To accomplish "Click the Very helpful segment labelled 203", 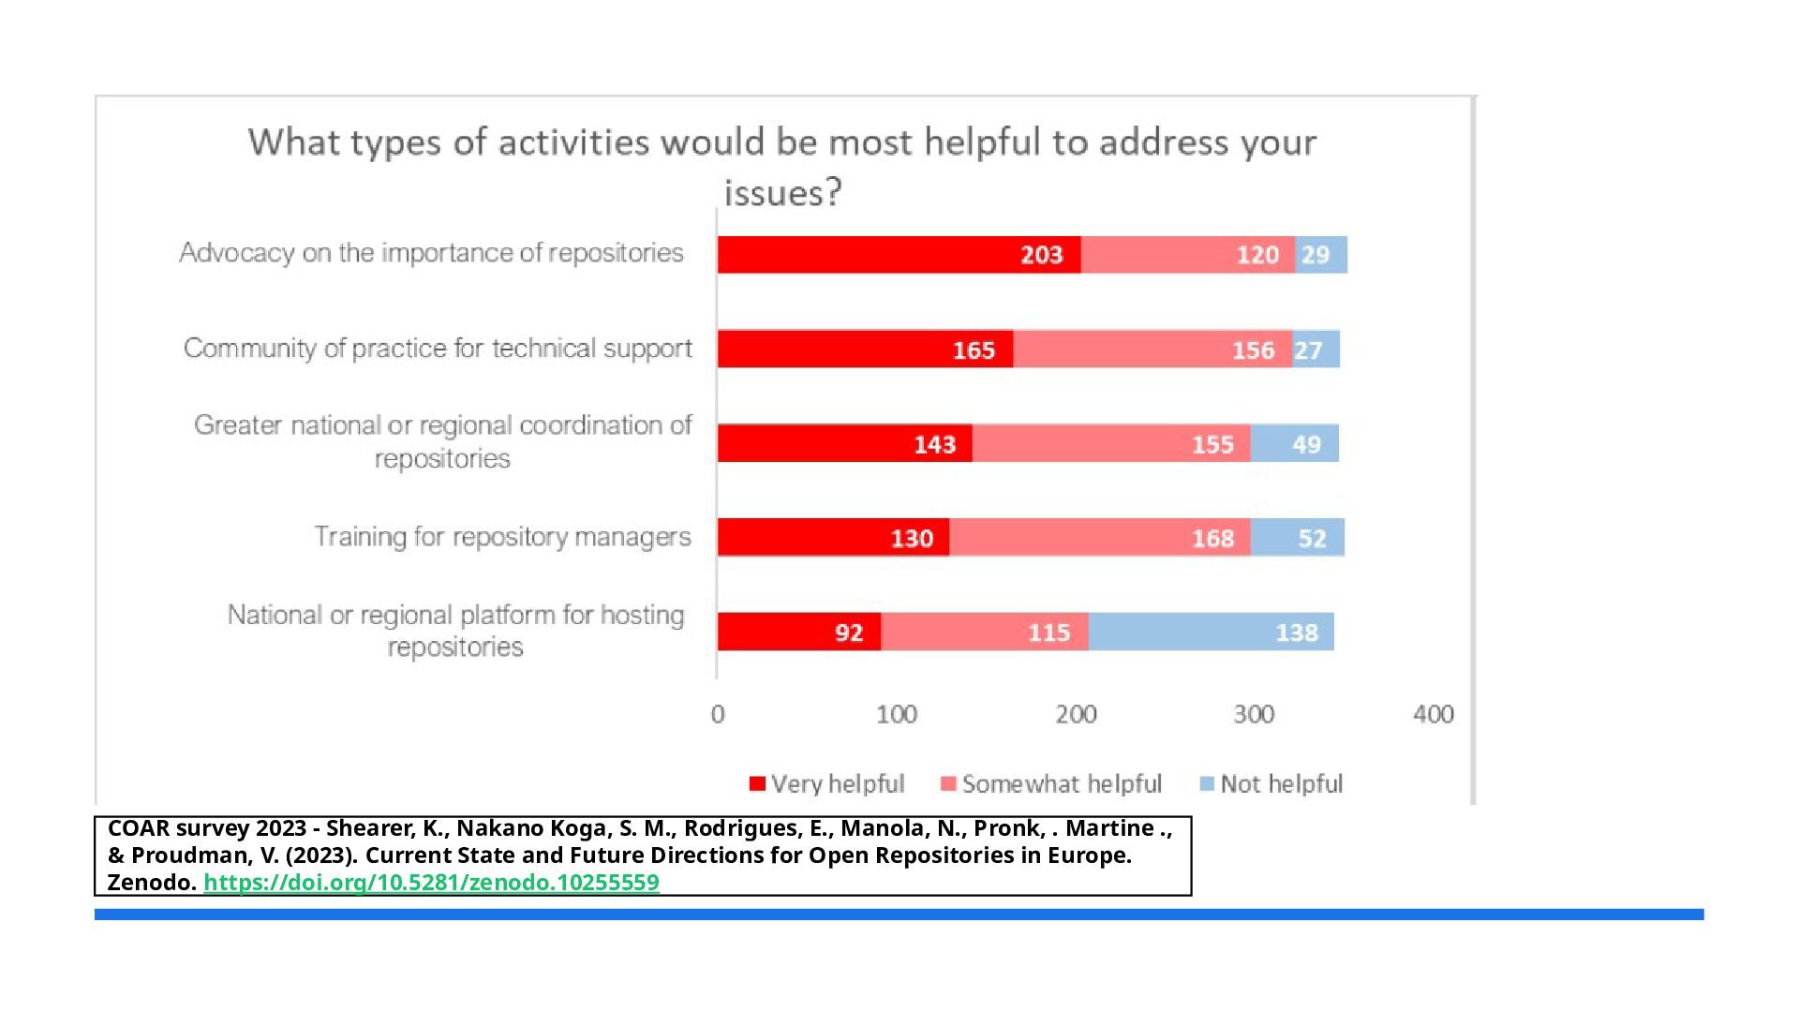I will (899, 255).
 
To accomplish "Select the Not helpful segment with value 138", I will (1211, 632).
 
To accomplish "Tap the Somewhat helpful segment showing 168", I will (1099, 538).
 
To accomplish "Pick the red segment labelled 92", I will (799, 632).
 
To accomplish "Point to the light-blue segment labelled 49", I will (1294, 443).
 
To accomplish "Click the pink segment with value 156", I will (1152, 350).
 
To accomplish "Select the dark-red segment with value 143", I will (844, 443).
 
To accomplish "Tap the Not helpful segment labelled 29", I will (1321, 255).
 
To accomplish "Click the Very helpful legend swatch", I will (758, 783).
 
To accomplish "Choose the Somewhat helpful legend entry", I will (1050, 783).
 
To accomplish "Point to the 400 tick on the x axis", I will (1433, 715).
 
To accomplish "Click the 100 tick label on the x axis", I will (896, 715).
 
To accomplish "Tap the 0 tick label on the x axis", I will (718, 715).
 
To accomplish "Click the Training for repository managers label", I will (502, 537).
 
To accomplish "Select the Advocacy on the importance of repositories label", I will (431, 253).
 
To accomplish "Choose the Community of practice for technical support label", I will (438, 349).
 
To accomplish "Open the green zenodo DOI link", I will (431, 883).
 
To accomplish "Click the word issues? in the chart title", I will (782, 193).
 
